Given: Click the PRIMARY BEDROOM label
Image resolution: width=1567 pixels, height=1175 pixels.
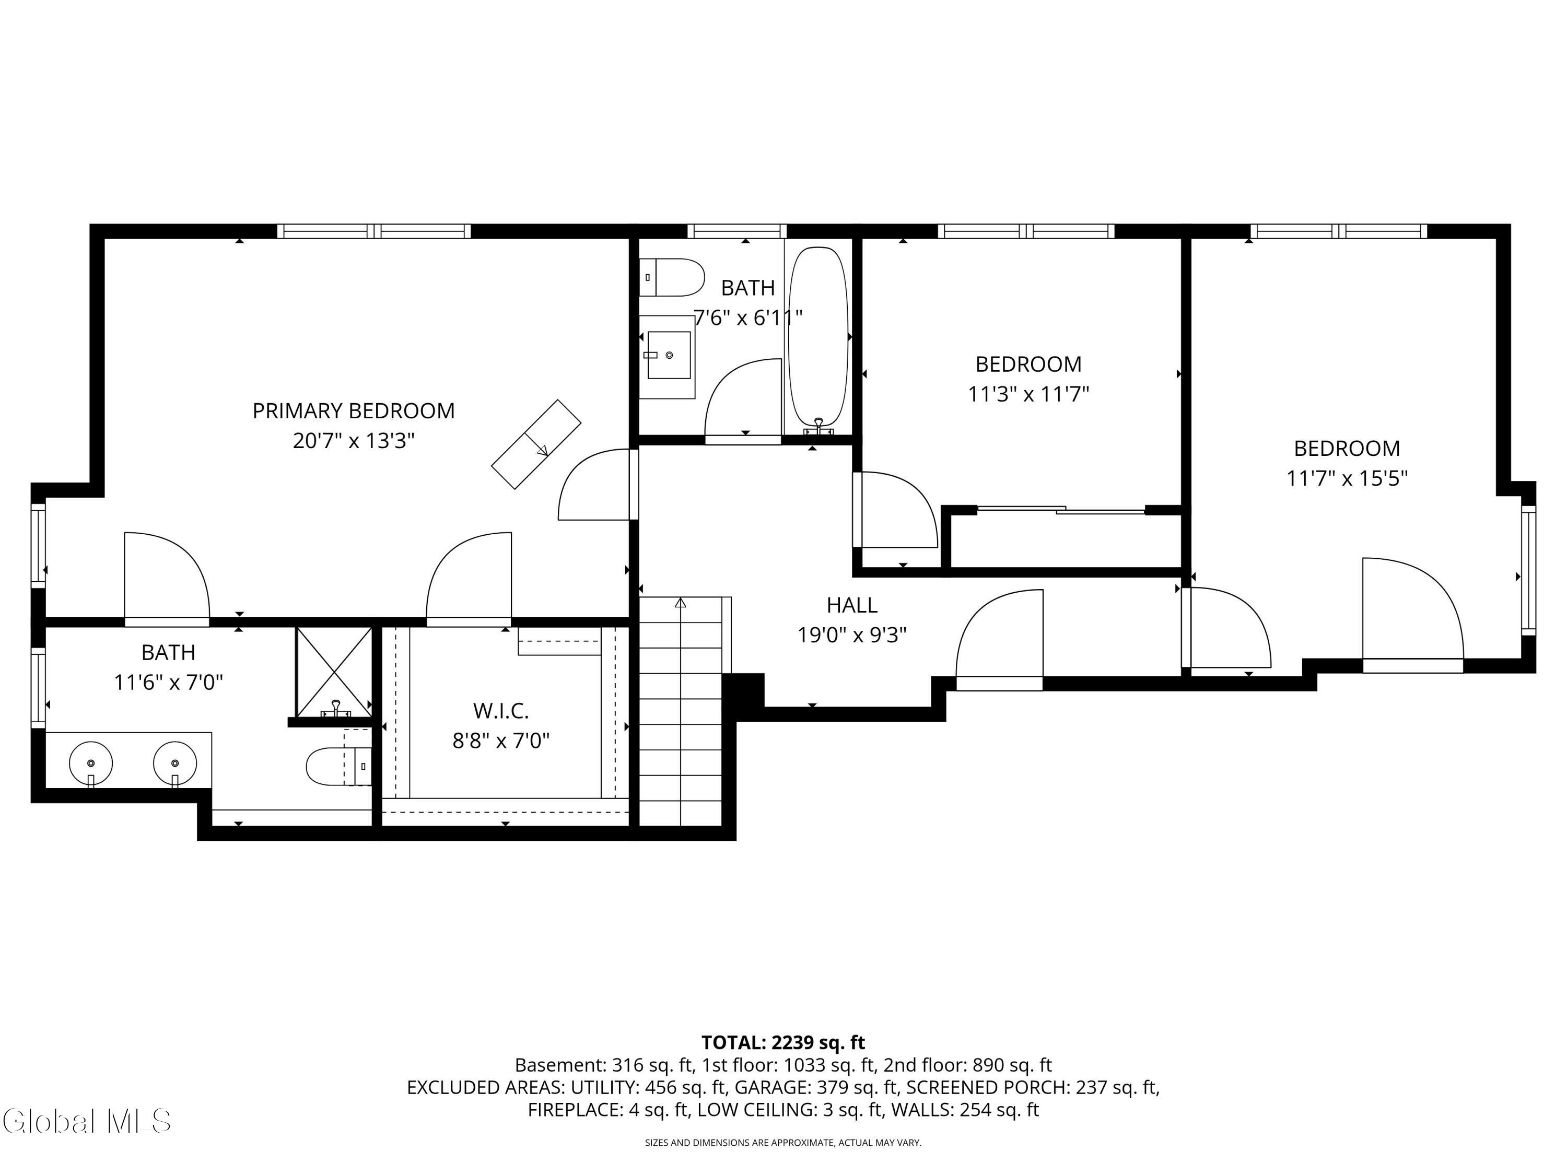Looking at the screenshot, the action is (x=354, y=411).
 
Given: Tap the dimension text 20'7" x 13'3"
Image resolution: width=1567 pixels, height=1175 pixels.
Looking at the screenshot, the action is (x=354, y=441).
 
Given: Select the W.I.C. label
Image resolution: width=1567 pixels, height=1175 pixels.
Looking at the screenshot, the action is (x=501, y=710).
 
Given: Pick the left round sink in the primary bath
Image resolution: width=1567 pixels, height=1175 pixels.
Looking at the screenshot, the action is (x=91, y=763).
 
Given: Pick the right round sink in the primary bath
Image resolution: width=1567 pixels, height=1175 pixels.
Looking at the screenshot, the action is (x=175, y=763).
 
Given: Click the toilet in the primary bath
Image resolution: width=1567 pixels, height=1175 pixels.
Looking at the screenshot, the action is (x=338, y=766).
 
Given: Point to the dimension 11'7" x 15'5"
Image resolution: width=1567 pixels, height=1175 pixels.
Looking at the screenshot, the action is (x=1347, y=478).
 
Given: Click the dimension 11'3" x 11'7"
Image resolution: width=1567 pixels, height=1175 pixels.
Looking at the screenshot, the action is (x=1028, y=394).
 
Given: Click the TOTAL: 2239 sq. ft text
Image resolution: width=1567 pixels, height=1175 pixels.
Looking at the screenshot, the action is (x=783, y=1042).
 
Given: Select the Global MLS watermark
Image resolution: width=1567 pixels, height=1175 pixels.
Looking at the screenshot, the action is (x=86, y=1121).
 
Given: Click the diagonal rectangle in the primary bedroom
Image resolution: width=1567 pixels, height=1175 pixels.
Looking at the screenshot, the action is (x=536, y=444).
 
